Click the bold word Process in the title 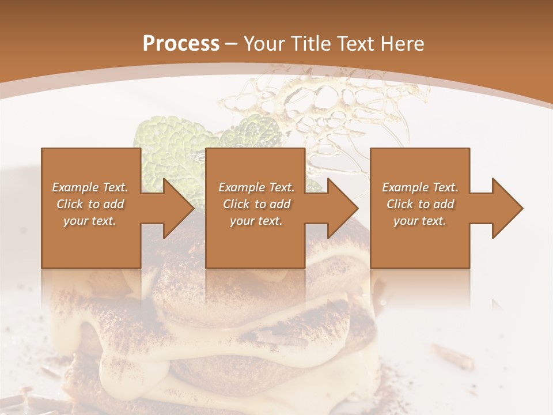tap(181, 43)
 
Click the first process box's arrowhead tap(173, 208)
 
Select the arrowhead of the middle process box tap(338, 208)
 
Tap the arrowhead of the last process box tap(502, 208)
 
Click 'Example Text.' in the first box tap(90, 187)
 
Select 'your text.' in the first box tap(90, 221)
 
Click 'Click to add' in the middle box tap(256, 204)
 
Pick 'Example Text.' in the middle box tap(256, 187)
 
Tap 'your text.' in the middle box tap(256, 221)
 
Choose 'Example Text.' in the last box tap(420, 187)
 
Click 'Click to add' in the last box tap(420, 204)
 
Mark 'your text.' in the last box tap(420, 221)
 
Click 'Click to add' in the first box tap(90, 204)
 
